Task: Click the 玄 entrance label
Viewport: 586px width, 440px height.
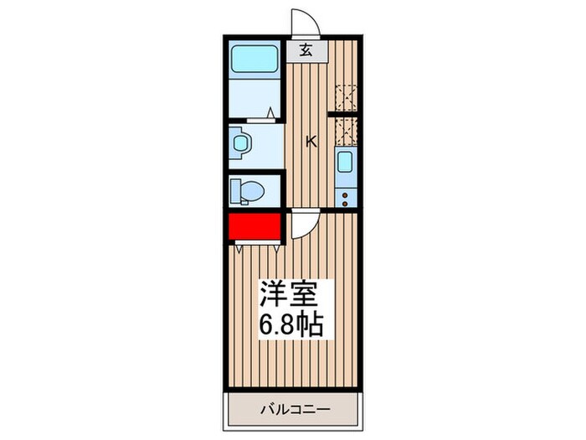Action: coord(306,50)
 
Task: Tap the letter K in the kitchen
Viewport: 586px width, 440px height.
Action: coord(311,142)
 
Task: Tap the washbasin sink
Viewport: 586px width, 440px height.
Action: coord(241,144)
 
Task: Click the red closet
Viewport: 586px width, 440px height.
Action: coord(254,226)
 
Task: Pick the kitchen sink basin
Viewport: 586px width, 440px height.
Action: coord(344,163)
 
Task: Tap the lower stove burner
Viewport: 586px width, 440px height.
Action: coord(343,200)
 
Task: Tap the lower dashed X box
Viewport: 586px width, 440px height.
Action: coord(345,130)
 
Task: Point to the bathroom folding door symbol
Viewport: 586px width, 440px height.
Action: coord(270,112)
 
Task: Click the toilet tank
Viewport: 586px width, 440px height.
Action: coord(235,192)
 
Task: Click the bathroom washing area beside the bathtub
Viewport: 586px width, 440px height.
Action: coord(255,96)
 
